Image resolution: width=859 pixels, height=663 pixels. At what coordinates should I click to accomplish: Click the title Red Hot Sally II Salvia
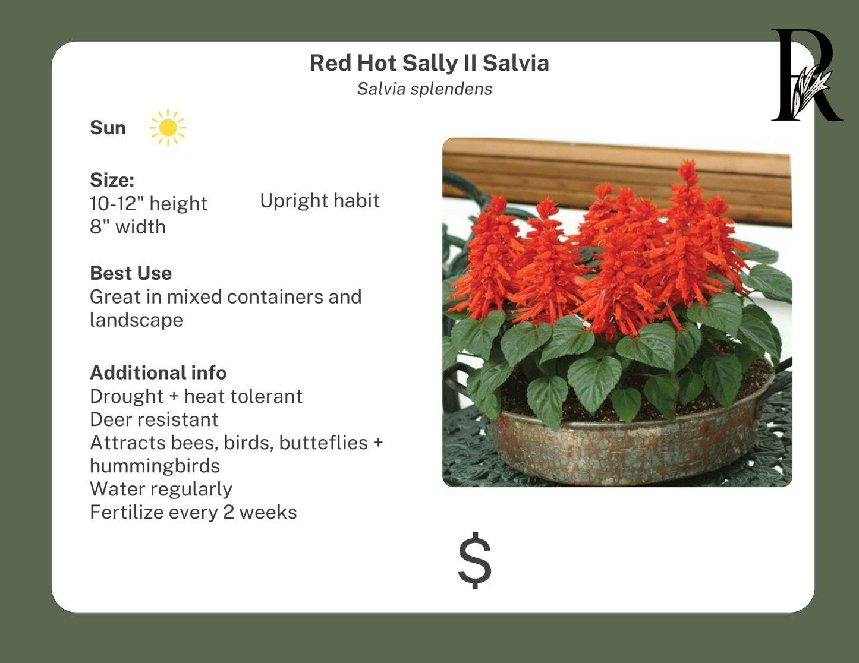point(429,63)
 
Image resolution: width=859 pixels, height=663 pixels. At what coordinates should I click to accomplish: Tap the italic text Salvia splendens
point(424,89)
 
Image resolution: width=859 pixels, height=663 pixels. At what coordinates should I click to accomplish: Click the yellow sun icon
point(168,128)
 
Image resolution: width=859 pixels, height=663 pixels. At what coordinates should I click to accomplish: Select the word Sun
point(108,128)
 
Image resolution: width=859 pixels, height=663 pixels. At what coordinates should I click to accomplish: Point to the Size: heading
point(112,180)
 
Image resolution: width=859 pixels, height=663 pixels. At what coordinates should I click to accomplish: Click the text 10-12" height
point(148,204)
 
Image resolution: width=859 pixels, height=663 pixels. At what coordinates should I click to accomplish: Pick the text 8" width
point(127,227)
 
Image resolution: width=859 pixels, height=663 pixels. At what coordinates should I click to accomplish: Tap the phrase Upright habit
point(319,201)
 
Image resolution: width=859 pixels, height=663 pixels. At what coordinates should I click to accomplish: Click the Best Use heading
point(131,273)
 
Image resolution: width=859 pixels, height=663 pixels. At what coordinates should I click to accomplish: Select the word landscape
point(136,320)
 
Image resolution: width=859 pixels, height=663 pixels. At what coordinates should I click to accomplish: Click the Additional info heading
point(158,373)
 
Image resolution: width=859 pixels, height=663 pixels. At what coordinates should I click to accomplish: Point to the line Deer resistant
point(154,419)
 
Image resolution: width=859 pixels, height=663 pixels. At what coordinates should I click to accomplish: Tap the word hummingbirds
point(155,466)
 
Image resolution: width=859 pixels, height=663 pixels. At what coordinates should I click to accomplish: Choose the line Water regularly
point(161,489)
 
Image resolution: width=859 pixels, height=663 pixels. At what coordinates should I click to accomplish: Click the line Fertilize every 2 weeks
point(193,512)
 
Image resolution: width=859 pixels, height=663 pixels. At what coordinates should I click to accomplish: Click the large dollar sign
point(474,561)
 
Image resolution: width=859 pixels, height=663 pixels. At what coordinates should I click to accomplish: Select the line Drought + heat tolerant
point(196,396)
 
